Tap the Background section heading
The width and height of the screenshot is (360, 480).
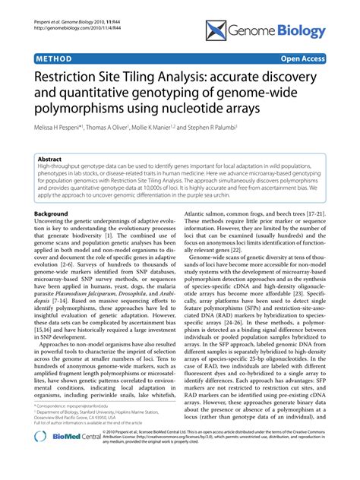(55, 216)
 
